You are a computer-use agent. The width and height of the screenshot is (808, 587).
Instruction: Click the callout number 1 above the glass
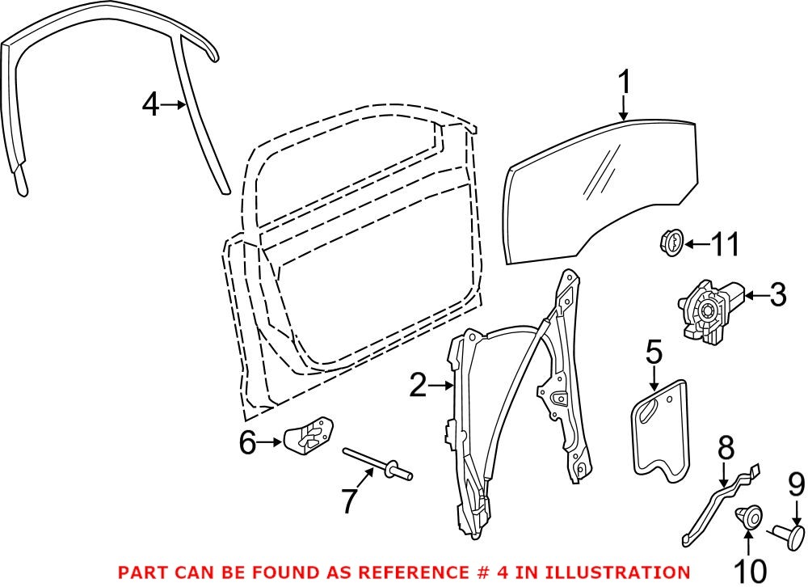pos(624,84)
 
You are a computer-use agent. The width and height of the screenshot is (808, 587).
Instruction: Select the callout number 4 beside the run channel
pos(150,105)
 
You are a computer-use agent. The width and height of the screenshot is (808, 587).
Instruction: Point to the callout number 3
pos(776,296)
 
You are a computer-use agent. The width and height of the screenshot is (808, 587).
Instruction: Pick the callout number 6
pos(247,441)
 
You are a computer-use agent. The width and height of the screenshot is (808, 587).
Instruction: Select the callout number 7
pos(348,501)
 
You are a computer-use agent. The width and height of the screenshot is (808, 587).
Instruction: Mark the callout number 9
pos(796,484)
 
